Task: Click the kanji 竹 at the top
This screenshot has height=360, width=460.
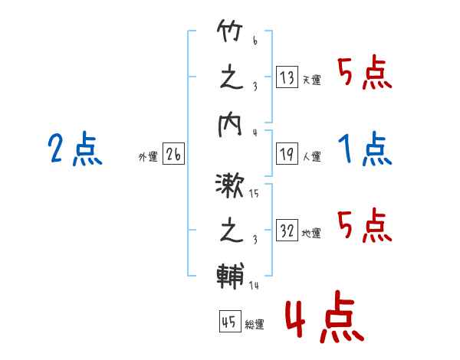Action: (230, 31)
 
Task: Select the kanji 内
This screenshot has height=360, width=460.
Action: (230, 125)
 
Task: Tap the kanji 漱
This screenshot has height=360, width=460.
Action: (229, 185)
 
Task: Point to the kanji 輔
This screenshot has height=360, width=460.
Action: (230, 277)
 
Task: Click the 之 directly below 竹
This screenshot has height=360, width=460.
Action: (232, 78)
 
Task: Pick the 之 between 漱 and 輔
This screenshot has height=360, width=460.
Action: (232, 231)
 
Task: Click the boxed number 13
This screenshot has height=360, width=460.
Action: (287, 77)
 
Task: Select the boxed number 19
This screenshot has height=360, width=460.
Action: (287, 153)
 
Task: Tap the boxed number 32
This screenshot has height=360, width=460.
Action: (287, 230)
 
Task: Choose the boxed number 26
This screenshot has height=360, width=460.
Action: (173, 153)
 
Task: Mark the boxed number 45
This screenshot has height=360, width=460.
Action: (230, 321)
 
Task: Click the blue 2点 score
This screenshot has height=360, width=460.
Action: (75, 149)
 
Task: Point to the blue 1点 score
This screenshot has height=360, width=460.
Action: (365, 149)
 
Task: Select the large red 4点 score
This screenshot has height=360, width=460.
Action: (325, 316)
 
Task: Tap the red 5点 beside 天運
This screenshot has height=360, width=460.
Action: (365, 72)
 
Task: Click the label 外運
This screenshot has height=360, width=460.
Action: (148, 156)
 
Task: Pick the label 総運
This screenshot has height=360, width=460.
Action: (255, 324)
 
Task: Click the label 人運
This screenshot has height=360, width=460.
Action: (312, 156)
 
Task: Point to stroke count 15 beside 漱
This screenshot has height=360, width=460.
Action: (254, 194)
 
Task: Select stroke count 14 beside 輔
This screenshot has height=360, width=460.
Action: (254, 285)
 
